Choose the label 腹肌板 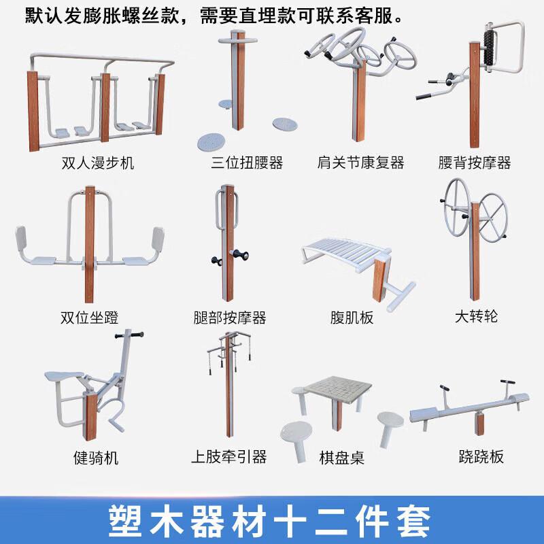352,318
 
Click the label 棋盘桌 341,458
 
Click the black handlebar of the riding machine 129,335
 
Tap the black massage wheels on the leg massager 228,257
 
